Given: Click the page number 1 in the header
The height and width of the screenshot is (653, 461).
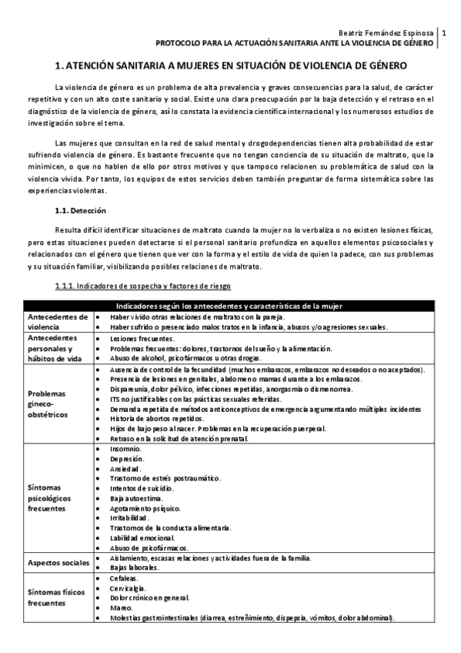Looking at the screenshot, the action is coord(451,34).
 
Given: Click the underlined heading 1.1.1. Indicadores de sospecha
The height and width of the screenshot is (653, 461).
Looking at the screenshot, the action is coord(142,286).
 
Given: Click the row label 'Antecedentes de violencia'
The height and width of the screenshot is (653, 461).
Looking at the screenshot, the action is coord(58,322).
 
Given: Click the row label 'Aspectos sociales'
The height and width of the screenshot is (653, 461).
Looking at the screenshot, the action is coord(58,562).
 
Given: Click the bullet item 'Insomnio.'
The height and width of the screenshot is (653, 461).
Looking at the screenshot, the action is coord(125,447).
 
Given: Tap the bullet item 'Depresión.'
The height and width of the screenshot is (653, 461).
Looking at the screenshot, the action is coord(128,457).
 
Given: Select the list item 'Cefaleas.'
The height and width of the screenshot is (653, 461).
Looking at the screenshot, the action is coord(125,578).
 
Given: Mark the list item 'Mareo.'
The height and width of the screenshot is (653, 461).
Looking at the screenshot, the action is coord(122,608).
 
